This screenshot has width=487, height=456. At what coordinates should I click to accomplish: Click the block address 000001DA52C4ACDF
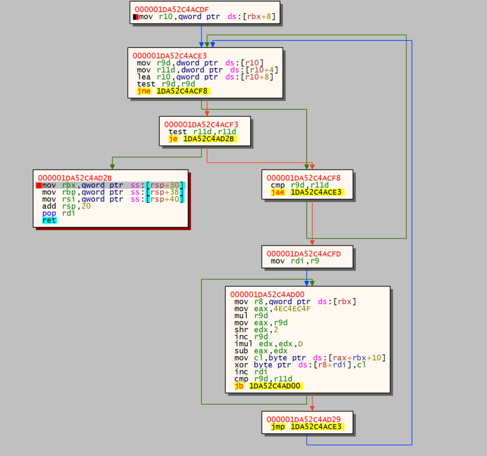point(172,9)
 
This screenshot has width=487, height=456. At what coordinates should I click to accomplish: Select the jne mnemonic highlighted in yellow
point(144,91)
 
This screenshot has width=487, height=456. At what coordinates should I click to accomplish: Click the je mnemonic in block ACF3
point(173,139)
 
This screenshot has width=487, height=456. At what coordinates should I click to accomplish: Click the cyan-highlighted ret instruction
point(49,220)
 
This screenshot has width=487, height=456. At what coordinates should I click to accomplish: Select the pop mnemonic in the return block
point(49,213)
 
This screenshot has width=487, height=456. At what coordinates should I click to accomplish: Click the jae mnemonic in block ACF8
point(278,192)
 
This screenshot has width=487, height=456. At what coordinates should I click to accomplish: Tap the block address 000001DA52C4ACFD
point(304,254)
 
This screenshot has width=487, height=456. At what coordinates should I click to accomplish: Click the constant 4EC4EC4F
point(292,309)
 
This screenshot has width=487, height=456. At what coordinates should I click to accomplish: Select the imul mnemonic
point(244,344)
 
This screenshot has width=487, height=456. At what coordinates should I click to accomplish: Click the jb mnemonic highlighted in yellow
point(239,386)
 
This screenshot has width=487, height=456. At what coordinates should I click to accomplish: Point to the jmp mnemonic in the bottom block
point(278,426)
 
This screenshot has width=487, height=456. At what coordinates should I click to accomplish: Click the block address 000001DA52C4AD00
point(267,294)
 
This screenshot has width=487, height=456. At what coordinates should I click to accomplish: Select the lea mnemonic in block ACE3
point(144,77)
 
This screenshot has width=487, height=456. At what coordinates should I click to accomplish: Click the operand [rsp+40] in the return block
point(165,199)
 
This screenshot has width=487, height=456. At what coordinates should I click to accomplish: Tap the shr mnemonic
point(241,330)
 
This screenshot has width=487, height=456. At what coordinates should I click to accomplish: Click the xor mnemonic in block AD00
point(241,365)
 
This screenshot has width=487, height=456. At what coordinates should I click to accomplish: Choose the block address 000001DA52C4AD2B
point(75,178)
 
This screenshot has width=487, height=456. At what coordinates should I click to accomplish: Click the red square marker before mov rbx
point(39,186)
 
